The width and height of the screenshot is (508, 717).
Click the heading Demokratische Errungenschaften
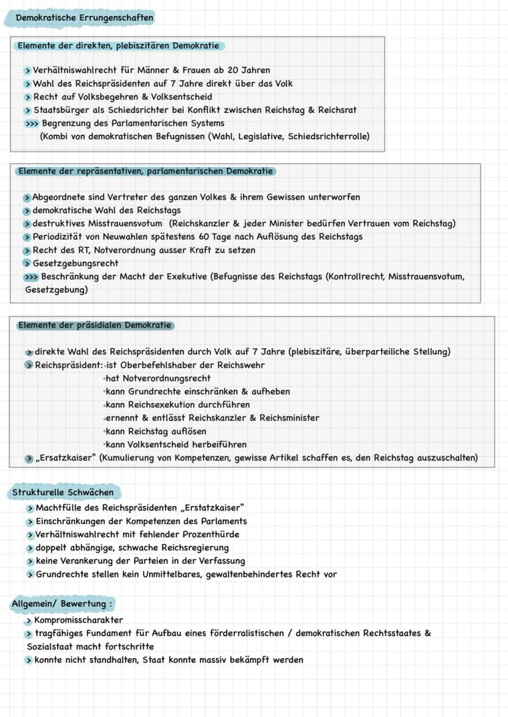point(85,18)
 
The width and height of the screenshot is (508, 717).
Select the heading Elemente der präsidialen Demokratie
point(94,325)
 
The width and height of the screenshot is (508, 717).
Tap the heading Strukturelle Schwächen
point(63,493)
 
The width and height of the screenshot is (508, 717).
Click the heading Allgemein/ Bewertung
point(62,604)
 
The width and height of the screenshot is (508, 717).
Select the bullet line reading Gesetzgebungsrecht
point(75,264)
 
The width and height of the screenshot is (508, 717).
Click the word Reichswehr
point(242,366)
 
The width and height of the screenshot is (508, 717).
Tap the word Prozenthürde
point(211,534)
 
